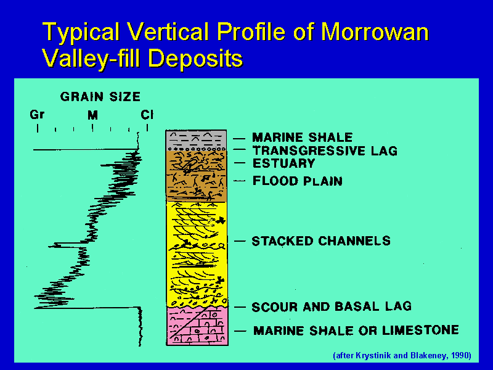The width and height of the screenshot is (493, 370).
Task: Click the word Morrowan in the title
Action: point(375,32)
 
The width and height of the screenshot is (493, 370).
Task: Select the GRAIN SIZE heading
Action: point(100,97)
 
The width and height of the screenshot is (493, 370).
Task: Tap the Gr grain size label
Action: point(37,115)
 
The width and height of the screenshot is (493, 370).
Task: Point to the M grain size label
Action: point(93,115)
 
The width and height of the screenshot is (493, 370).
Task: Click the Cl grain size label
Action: point(147,115)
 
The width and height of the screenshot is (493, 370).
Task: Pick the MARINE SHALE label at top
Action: point(303,138)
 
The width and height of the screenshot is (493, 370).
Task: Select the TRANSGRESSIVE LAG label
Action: point(325,150)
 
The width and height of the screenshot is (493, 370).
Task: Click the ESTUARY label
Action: point(284,163)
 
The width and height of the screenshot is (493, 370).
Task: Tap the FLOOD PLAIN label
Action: point(298,181)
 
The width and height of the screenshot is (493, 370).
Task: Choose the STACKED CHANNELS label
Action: point(321,241)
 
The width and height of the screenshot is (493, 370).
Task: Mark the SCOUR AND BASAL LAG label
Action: point(332,306)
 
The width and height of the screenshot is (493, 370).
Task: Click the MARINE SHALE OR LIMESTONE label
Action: point(356,331)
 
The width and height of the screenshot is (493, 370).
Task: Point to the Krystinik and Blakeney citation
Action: point(402,356)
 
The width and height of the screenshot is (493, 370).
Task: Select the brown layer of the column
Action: point(196,176)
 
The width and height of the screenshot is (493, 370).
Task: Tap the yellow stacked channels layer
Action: point(197,253)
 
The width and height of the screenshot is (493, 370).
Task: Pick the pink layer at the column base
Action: point(197,326)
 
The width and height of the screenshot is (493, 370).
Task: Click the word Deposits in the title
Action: point(195,58)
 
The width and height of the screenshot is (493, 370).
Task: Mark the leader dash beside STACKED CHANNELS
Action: point(240,241)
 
